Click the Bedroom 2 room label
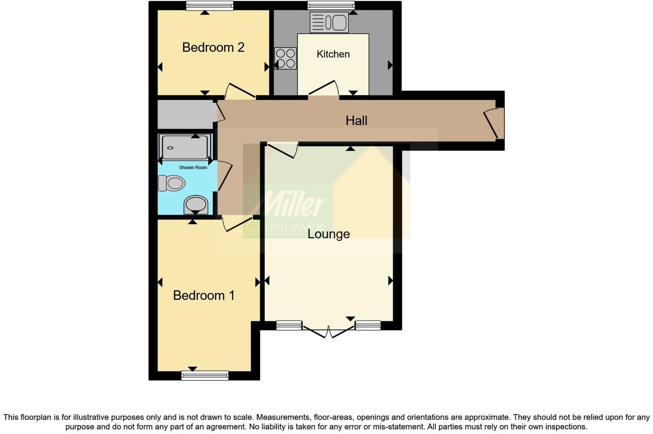pyautogui.click(x=213, y=48)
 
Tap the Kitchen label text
pyautogui.click(x=333, y=54)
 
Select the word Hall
pyautogui.click(x=356, y=121)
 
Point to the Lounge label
pyautogui.click(x=329, y=234)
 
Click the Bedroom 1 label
pyautogui.click(x=204, y=296)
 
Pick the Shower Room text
pyautogui.click(x=193, y=167)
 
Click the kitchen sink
pyautogui.click(x=329, y=22)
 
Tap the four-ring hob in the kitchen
pyautogui.click(x=285, y=58)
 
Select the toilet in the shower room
pyautogui.click(x=172, y=183)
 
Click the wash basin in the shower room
pyautogui.click(x=196, y=205)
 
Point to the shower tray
pyautogui.click(x=185, y=147)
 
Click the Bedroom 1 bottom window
pyautogui.click(x=205, y=375)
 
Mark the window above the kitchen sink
pyautogui.click(x=331, y=5)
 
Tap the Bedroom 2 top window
pyautogui.click(x=210, y=5)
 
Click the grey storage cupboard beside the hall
pyautogui.click(x=185, y=114)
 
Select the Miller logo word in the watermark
pyautogui.click(x=290, y=205)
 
